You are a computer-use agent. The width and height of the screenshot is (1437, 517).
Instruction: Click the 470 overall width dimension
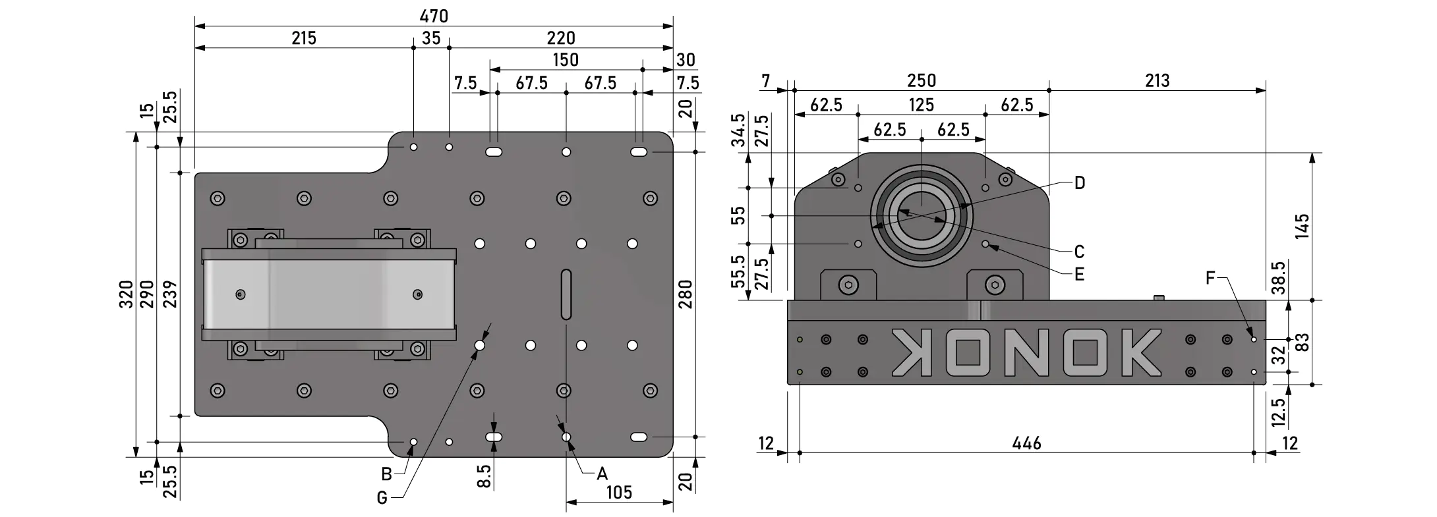tap(434, 16)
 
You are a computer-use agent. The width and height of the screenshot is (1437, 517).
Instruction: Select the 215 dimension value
tap(304, 38)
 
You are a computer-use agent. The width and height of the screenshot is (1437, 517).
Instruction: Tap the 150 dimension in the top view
tap(566, 60)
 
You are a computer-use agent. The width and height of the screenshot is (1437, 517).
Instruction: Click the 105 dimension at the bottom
tap(619, 492)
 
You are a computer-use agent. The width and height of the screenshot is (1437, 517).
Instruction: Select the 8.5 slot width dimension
tap(484, 476)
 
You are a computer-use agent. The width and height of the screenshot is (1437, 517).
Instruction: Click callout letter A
tap(602, 474)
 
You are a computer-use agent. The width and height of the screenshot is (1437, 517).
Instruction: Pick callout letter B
tap(387, 474)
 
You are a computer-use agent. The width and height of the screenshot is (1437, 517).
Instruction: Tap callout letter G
tap(382, 498)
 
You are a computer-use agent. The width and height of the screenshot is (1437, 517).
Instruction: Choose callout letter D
tap(1079, 183)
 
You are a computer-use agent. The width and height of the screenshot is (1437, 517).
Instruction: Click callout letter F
tap(1210, 278)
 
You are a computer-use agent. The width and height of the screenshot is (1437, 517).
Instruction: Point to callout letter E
tap(1079, 274)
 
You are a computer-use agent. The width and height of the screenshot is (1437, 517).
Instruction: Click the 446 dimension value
tap(1026, 443)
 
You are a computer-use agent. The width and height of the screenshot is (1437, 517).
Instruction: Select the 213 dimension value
tap(1157, 81)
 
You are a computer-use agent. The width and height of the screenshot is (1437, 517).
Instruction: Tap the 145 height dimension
tap(1302, 227)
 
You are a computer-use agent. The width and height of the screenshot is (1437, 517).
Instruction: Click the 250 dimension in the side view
tap(921, 81)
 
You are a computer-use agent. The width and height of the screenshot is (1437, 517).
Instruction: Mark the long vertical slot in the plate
tap(566, 294)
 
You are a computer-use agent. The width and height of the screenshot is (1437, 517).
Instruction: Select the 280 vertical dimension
tap(686, 294)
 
